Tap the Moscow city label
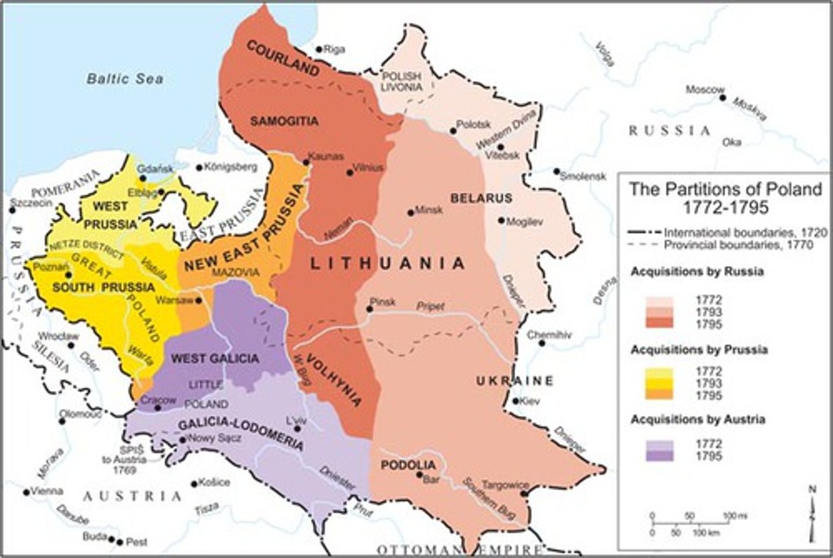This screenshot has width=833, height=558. point(705,90)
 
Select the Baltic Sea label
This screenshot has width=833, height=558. point(125,79)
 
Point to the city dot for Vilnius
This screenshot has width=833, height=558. point(349,172)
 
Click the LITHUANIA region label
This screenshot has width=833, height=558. point(388,263)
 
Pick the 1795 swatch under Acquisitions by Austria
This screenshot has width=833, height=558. point(659,456)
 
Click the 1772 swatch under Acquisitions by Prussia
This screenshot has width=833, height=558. point(659,372)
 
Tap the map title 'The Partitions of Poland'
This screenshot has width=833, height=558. point(725,189)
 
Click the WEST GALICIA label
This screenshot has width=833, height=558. point(215,358)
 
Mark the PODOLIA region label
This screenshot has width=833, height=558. point(408,465)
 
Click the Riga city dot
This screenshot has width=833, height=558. point(318,49)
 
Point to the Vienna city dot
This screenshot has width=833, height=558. point(27,491)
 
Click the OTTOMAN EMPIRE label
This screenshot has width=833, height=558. point(460,549)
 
